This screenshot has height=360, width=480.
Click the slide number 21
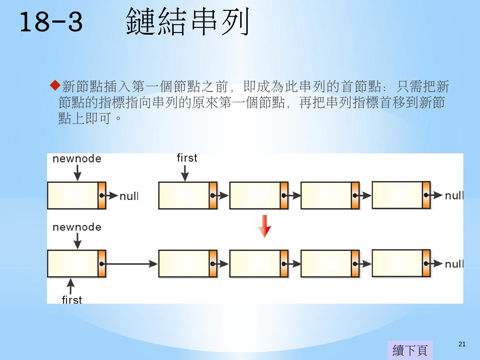pos(462,344)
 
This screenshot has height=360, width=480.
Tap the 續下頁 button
pos(410,350)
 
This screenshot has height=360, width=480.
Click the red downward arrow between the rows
pos(264,226)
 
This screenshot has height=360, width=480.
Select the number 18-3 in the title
pos(51,22)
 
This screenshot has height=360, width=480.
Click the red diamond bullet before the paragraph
pos(55,85)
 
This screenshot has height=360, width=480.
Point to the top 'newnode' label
pos(77,159)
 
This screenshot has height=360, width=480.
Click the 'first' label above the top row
pos(187,158)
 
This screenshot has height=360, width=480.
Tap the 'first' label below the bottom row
pos(72,300)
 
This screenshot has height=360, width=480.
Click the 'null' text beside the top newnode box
pos(129,196)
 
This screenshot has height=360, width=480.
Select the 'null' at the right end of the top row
pos(454,196)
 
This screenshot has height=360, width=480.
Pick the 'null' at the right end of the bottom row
pos(454,264)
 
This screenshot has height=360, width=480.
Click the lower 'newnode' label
pos(77,227)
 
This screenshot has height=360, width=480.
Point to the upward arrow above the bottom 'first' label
pos(70,286)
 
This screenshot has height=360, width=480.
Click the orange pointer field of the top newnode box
pos(102,195)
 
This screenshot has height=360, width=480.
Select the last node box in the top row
pos(401,195)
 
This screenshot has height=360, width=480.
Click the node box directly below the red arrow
pos(258,264)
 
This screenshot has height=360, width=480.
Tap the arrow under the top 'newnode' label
pos(77,173)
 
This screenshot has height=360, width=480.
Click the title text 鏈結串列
pos(187,22)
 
